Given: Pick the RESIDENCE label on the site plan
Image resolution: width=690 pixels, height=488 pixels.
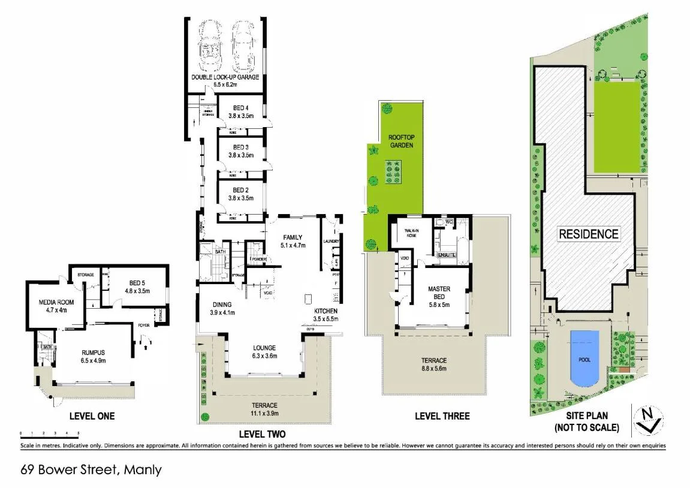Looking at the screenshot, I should coord(588,234).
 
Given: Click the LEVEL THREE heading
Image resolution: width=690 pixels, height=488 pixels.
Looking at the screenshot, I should coord(442,416).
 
